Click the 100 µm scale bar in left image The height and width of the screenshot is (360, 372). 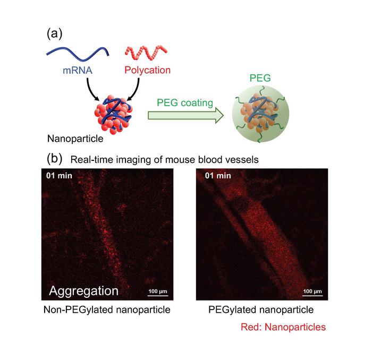(x=157, y=296)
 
